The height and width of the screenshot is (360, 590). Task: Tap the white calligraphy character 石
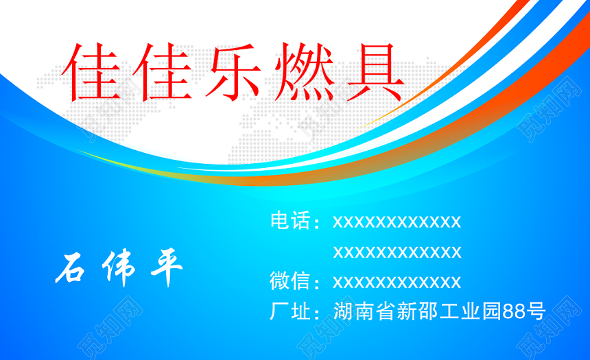71,268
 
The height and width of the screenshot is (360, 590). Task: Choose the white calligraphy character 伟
119,267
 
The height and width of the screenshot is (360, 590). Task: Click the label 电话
290,220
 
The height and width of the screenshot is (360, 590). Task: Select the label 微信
290,280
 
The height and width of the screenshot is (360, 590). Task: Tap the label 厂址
290,311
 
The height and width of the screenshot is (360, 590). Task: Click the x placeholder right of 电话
397,222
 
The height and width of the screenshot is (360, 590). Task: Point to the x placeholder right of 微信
397,282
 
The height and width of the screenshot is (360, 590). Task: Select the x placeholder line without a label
397,252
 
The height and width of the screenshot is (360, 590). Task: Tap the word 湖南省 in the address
364,311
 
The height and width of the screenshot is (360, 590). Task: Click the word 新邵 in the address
417,311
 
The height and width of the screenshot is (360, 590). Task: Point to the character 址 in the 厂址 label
300,311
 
